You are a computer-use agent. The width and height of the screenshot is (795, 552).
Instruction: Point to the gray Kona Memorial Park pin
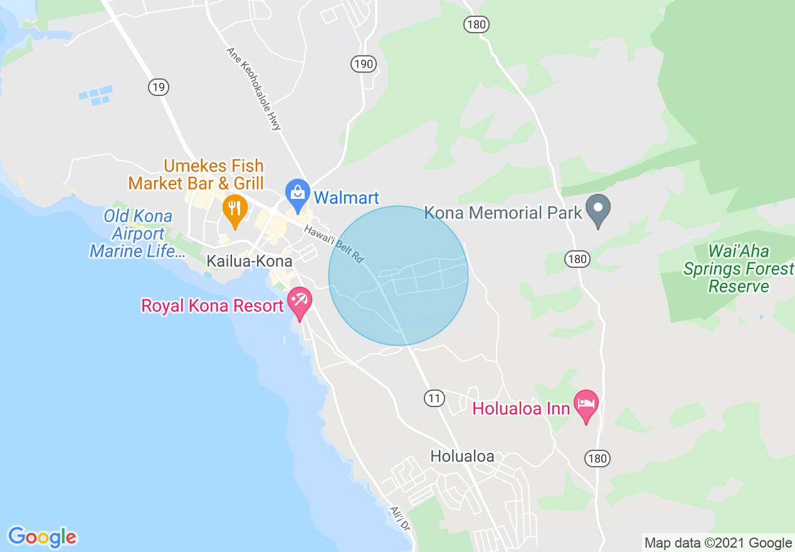coord(598,210)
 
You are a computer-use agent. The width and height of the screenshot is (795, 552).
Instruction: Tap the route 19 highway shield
coord(159,87)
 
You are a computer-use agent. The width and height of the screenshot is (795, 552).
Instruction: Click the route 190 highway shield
coord(363,63)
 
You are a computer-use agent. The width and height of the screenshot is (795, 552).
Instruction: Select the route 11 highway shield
coord(434,398)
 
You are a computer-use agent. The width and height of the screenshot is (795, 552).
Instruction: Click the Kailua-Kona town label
coord(250,261)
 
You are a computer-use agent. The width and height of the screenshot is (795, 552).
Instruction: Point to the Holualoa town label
coord(462,456)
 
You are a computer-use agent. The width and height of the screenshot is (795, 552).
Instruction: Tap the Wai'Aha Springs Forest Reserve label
coord(737,269)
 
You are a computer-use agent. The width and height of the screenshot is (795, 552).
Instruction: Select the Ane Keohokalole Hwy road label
coord(253,88)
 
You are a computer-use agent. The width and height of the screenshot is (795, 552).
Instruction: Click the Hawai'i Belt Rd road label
coord(335,243)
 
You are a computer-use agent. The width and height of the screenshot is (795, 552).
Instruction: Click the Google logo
coord(42,536)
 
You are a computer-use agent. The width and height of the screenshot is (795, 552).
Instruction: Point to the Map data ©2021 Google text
coord(718,543)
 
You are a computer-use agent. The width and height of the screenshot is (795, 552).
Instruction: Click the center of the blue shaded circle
coord(398,275)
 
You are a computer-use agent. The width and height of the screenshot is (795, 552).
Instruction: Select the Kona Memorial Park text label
coord(503,213)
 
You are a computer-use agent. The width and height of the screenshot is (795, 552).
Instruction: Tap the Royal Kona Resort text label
coord(213,306)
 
